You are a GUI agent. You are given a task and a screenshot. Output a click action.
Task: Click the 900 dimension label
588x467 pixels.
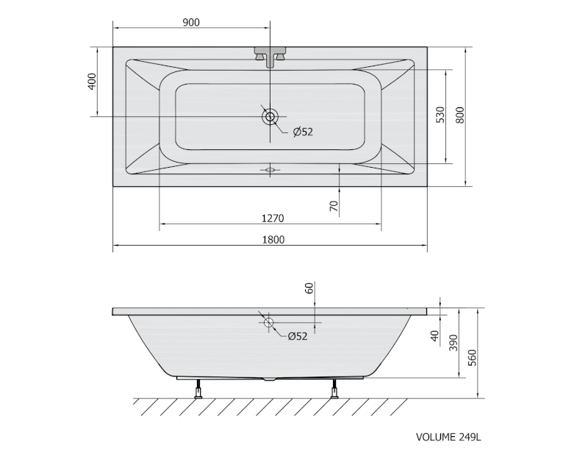click(191, 23)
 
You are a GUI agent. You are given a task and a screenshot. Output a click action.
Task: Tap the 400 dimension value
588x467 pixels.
click(92, 82)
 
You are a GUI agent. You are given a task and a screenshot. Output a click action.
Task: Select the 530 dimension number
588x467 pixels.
click(440, 115)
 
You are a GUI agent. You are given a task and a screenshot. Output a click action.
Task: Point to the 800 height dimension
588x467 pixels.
click(460, 115)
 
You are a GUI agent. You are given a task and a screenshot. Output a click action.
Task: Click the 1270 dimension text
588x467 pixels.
click(273, 218)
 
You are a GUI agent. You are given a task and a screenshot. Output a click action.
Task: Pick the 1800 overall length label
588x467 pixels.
click(273, 240)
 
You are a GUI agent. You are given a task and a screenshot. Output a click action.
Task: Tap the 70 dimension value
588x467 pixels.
click(334, 206)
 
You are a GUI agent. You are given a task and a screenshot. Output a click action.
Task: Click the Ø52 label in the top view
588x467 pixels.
click(303, 132)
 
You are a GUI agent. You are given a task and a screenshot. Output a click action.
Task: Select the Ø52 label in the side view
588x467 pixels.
click(298, 337)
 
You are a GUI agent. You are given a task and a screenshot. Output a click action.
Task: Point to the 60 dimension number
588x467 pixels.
click(309, 288)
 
